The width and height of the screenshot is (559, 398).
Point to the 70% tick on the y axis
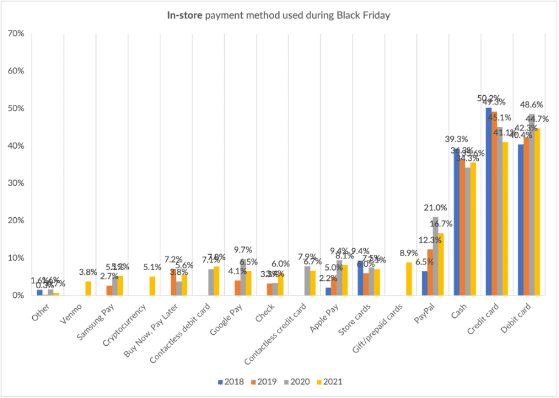coord(16,33)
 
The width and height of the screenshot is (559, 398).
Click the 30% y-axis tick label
coord(16,183)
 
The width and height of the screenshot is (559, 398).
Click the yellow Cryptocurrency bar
coord(152,286)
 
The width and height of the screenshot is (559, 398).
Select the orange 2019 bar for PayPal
coord(431,272)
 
